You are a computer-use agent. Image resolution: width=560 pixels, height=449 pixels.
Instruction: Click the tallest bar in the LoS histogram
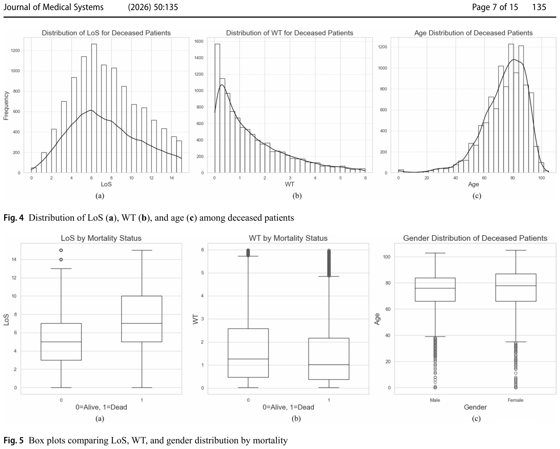[94, 108]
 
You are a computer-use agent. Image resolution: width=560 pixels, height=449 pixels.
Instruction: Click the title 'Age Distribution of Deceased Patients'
[473, 33]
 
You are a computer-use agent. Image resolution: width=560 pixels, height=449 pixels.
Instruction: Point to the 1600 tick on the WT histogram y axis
[199, 42]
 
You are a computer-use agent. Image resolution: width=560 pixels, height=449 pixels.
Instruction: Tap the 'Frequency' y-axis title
[6, 106]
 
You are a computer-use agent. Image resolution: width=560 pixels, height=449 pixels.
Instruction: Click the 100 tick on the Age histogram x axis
[541, 178]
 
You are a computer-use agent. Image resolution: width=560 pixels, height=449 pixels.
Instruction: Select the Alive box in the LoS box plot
[61, 342]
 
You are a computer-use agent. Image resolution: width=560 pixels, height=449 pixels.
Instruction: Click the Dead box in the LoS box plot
[142, 319]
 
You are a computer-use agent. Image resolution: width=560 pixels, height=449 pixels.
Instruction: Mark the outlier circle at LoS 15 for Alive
[61, 250]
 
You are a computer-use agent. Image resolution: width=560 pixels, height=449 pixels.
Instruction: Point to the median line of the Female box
[516, 286]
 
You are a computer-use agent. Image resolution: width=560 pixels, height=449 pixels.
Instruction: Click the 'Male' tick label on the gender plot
[435, 400]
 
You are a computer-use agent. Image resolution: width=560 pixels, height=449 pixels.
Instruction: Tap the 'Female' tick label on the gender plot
[516, 400]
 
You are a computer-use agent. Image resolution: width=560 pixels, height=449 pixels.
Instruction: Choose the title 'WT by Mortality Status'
[288, 238]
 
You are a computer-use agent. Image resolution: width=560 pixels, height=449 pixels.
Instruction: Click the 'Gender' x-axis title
[475, 407]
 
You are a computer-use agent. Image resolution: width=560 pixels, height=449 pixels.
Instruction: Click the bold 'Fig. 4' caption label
[14, 217]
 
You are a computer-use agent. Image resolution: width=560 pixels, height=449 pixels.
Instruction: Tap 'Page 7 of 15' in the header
[495, 7]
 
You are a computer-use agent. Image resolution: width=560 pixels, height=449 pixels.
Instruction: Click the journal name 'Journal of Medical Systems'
[54, 7]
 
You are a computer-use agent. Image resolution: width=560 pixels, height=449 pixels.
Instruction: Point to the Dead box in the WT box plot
[329, 359]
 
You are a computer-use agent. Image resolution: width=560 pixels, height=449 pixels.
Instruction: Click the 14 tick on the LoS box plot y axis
[14, 259]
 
